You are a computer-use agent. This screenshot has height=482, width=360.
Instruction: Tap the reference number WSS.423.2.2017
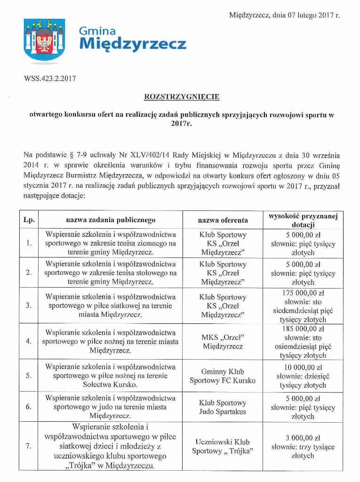coord(49,78)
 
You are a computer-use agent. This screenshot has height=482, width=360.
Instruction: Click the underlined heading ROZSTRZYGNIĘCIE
coord(181,97)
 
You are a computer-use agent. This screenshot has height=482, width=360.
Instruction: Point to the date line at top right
coord(284,16)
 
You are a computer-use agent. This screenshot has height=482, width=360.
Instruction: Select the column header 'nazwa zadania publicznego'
coord(111,220)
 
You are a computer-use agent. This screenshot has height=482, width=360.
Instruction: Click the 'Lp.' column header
coord(29,220)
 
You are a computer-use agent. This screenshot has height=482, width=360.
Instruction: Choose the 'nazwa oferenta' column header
coord(223,220)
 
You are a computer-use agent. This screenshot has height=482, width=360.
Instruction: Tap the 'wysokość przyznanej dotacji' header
coord(303,220)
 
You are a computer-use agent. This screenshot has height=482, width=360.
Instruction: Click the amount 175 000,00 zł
coord(303,293)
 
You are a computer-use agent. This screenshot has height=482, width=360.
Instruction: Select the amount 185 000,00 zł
coord(303,329)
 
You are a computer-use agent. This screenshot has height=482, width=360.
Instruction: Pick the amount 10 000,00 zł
coord(303,367)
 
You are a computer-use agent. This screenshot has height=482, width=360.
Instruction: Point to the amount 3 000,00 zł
coord(303,437)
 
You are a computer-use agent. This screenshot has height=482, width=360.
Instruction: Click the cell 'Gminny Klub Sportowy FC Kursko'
coord(223,376)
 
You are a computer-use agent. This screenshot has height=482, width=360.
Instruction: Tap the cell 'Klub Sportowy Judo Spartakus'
coord(223,407)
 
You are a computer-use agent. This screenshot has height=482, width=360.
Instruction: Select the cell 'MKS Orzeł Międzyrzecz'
coord(223,342)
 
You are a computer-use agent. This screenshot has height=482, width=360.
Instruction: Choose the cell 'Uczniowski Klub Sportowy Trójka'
coord(223,446)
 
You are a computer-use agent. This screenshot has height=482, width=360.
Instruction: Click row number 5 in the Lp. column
coord(29,376)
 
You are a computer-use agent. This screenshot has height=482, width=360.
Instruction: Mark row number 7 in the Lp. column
coord(29,446)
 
